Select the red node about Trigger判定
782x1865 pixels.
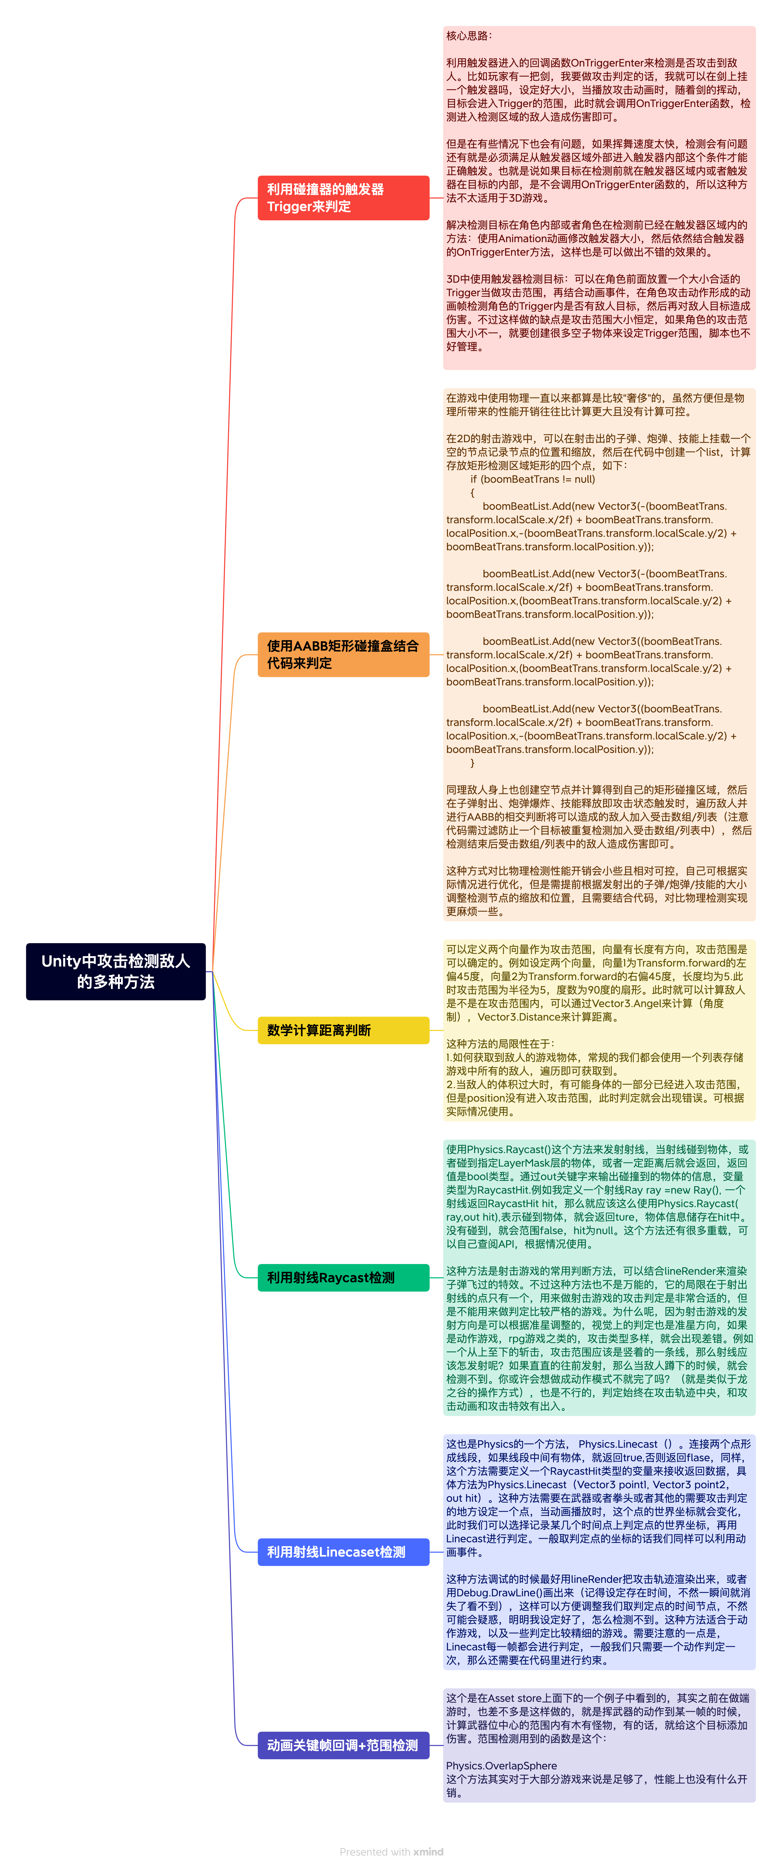click(x=343, y=198)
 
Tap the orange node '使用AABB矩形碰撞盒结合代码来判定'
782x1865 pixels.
click(x=343, y=654)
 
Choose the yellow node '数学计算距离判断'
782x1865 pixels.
click(x=343, y=1030)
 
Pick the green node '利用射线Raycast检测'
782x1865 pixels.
click(x=343, y=1278)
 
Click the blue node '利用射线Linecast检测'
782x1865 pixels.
click(x=343, y=1551)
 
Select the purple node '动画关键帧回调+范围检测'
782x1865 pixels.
click(x=343, y=1745)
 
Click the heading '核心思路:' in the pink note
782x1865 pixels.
click(x=469, y=36)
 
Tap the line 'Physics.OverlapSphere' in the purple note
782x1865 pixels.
click(x=501, y=1766)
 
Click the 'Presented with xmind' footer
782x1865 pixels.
click(x=391, y=1851)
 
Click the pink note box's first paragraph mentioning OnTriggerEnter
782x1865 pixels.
click(x=598, y=90)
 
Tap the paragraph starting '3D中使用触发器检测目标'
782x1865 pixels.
click(x=598, y=313)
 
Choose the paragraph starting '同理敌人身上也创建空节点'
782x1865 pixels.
click(x=598, y=817)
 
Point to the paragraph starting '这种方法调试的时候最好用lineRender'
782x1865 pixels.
click(x=598, y=1619)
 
